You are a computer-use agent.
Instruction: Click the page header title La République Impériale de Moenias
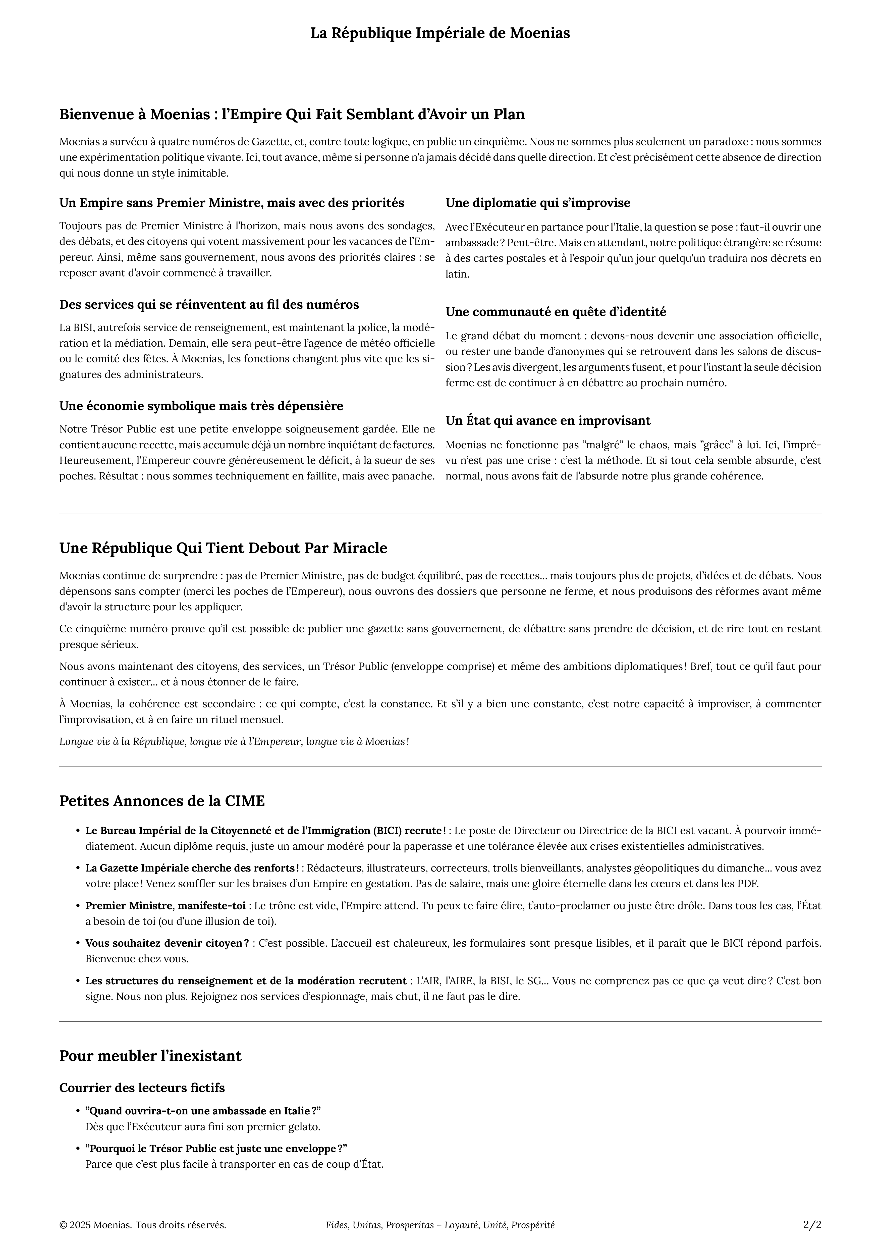[440, 33]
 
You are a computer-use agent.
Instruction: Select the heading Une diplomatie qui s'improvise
[538, 203]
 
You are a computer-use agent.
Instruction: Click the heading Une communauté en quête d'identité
[556, 312]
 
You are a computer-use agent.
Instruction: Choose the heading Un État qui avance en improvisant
[548, 421]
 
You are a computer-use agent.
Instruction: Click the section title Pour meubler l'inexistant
[150, 1056]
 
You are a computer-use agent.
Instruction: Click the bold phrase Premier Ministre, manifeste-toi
[165, 906]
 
